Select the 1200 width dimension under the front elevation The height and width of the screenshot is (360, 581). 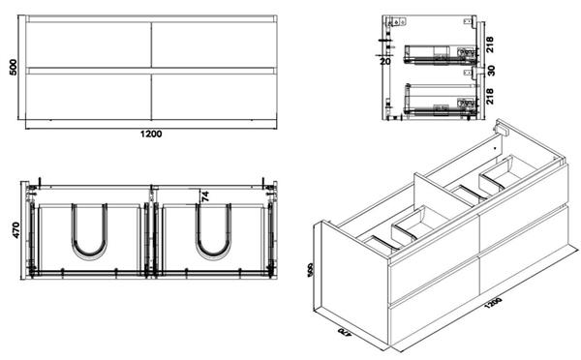149,133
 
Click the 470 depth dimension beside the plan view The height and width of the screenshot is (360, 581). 14,230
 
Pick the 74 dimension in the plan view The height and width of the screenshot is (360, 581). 204,195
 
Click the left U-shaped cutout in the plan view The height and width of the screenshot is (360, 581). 89,235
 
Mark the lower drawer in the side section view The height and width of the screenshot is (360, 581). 442,100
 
